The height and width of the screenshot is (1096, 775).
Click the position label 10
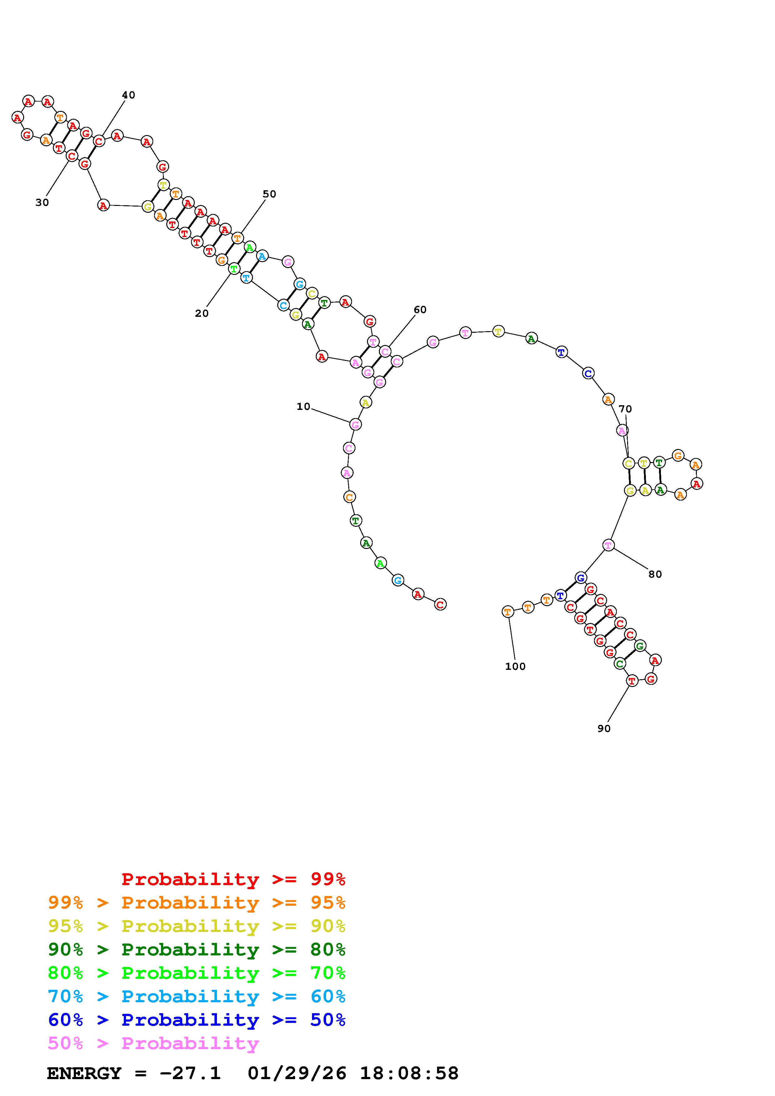[303, 407]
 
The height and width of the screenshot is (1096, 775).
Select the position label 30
[42, 202]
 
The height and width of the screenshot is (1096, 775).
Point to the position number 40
[128, 95]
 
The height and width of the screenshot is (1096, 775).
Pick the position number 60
[420, 310]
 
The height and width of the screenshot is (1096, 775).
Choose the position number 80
[655, 574]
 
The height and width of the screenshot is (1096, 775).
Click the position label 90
[604, 729]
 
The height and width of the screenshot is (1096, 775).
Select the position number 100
[515, 666]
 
